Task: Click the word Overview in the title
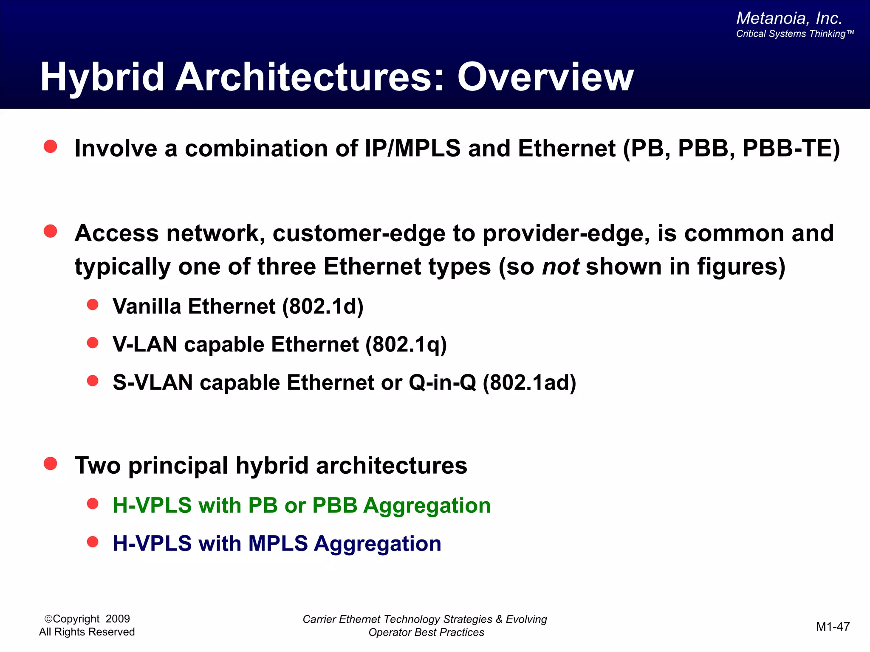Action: [x=545, y=77]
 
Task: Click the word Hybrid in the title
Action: [x=102, y=78]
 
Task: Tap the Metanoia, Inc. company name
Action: [x=789, y=18]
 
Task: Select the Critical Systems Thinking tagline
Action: [x=795, y=34]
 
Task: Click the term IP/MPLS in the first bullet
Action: [x=412, y=149]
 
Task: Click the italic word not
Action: [x=561, y=267]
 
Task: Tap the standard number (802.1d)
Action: [x=323, y=306]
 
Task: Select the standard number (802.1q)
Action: [x=406, y=344]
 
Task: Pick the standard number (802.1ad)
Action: [x=529, y=382]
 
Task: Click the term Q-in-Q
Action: [x=442, y=382]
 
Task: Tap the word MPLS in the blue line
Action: [x=278, y=543]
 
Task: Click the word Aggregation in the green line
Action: [x=427, y=506]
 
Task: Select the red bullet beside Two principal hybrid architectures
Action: [x=51, y=464]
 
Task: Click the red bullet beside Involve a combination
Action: [x=51, y=146]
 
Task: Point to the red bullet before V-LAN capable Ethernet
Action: [x=93, y=343]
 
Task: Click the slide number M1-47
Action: [x=833, y=627]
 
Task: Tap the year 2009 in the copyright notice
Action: [x=118, y=619]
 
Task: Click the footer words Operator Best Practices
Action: [x=426, y=632]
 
